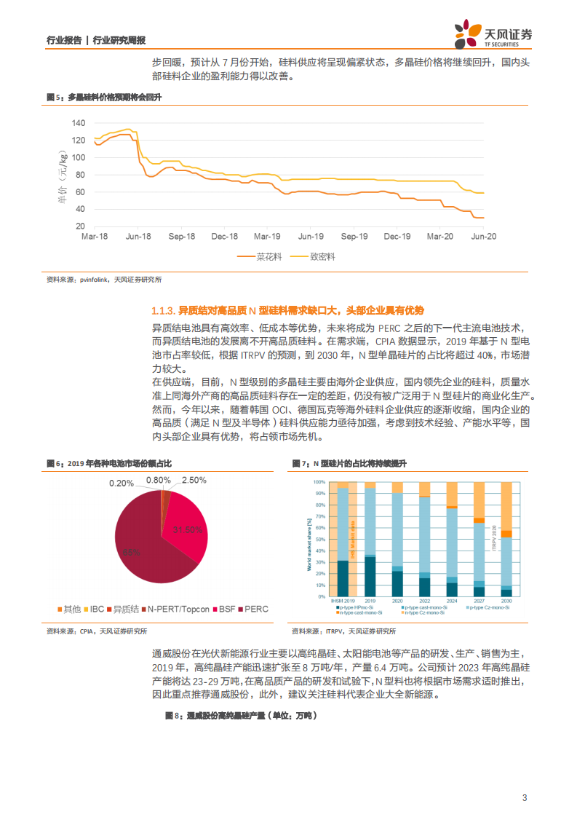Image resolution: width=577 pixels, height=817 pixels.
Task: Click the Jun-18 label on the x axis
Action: click(138, 237)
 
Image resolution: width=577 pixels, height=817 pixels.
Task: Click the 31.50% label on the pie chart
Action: click(187, 530)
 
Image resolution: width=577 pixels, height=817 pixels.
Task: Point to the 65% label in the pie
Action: click(131, 553)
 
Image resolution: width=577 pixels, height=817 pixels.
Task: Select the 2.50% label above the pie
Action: click(194, 481)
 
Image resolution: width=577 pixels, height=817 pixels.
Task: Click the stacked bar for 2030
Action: click(506, 539)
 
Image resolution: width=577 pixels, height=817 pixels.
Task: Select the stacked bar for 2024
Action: click(452, 539)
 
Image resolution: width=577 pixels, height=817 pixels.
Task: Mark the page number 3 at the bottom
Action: click(525, 797)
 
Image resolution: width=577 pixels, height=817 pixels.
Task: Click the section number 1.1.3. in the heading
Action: click(164, 309)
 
